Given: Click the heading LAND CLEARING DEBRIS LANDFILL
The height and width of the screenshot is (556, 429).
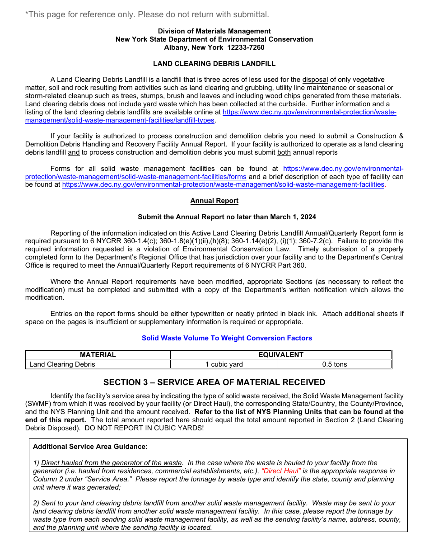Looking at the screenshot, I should click(214, 64).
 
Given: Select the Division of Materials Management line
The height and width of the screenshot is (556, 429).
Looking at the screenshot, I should click(214, 31).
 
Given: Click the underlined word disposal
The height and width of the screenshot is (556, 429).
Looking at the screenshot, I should click(315, 80).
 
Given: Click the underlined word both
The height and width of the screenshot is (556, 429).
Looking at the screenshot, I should click(284, 152).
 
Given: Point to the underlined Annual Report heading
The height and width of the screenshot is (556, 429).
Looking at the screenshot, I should click(214, 201).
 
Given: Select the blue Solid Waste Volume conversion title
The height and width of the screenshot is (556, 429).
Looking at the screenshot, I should click(227, 338).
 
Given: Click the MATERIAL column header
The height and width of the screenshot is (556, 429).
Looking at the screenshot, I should click(98, 355).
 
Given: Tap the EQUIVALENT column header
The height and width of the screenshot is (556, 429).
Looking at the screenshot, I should click(280, 355).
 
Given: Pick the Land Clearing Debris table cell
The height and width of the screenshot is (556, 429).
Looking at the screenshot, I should click(62, 364).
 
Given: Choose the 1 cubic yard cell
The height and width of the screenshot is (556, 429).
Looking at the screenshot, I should click(224, 364).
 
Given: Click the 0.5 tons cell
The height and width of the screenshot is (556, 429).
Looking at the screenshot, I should click(334, 364).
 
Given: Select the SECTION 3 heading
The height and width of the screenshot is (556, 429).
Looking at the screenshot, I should click(214, 382).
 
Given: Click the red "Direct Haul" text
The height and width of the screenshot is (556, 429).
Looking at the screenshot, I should click(281, 471).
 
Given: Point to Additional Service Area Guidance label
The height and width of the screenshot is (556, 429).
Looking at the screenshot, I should click(90, 447).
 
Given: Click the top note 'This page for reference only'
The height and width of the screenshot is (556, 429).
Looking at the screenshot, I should click(147, 14).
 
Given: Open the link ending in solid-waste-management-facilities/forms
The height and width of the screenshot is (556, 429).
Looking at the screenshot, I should click(135, 177).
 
